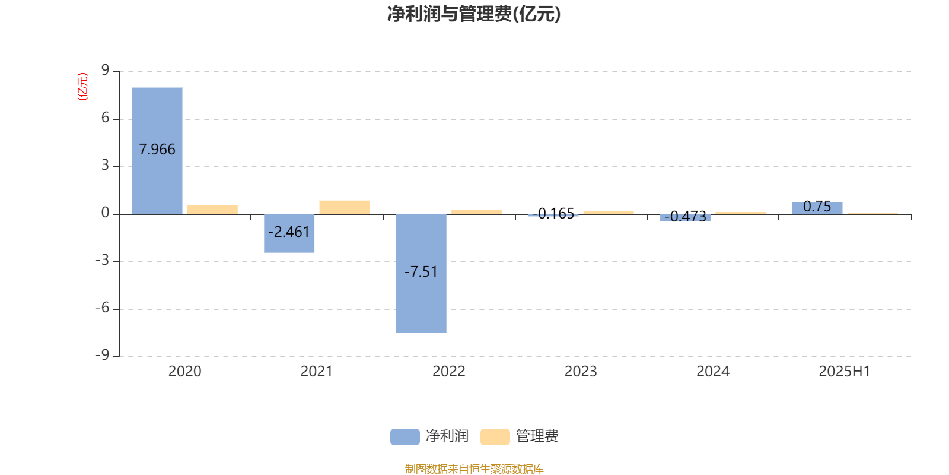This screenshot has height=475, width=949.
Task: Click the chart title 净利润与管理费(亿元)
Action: coord(474,14)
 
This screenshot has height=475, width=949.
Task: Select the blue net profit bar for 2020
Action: coord(157,151)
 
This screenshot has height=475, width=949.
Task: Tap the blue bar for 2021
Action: coord(289,233)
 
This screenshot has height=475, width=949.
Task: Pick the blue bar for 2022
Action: coord(421,273)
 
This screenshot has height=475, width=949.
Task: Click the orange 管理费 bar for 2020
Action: coord(213,210)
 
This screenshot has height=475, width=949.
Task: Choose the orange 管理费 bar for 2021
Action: coord(345,207)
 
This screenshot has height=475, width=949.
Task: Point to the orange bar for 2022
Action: coord(477,211)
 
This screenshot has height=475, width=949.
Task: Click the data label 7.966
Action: coord(157,149)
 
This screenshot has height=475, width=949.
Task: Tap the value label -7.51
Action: coord(421,271)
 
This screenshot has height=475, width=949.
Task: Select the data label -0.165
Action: coord(553,213)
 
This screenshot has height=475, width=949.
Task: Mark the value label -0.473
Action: coord(686,216)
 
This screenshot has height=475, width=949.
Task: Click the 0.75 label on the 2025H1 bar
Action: coord(817,207)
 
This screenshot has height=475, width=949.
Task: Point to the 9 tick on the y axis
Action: coord(105,70)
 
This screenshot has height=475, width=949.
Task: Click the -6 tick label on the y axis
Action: coord(102,308)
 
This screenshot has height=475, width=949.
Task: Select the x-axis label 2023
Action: coord(581,372)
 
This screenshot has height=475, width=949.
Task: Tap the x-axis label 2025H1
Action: coord(845,372)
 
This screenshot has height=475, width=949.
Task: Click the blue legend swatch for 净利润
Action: coord(405,437)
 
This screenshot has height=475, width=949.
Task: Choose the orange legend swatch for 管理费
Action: coord(495,437)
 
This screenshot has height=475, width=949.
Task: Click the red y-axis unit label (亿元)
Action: coord(82,87)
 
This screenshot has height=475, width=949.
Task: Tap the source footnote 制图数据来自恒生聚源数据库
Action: coord(474,468)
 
